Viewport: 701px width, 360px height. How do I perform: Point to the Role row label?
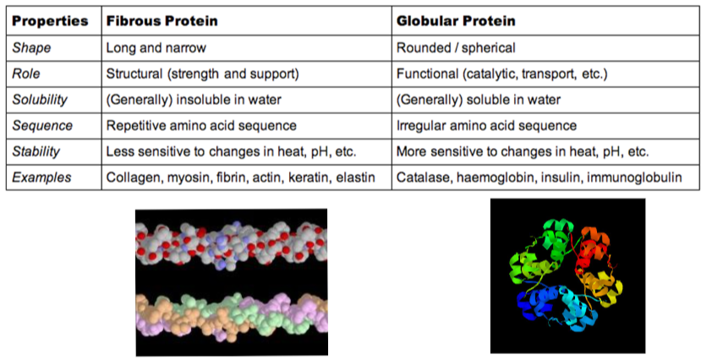[x=26, y=74]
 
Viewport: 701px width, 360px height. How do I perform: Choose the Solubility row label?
[x=40, y=100]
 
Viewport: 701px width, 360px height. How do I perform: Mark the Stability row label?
[x=36, y=151]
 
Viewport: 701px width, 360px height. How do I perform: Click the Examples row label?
[x=41, y=177]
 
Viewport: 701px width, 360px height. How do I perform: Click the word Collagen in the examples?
[x=130, y=177]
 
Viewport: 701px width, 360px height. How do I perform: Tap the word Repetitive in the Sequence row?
[x=135, y=126]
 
